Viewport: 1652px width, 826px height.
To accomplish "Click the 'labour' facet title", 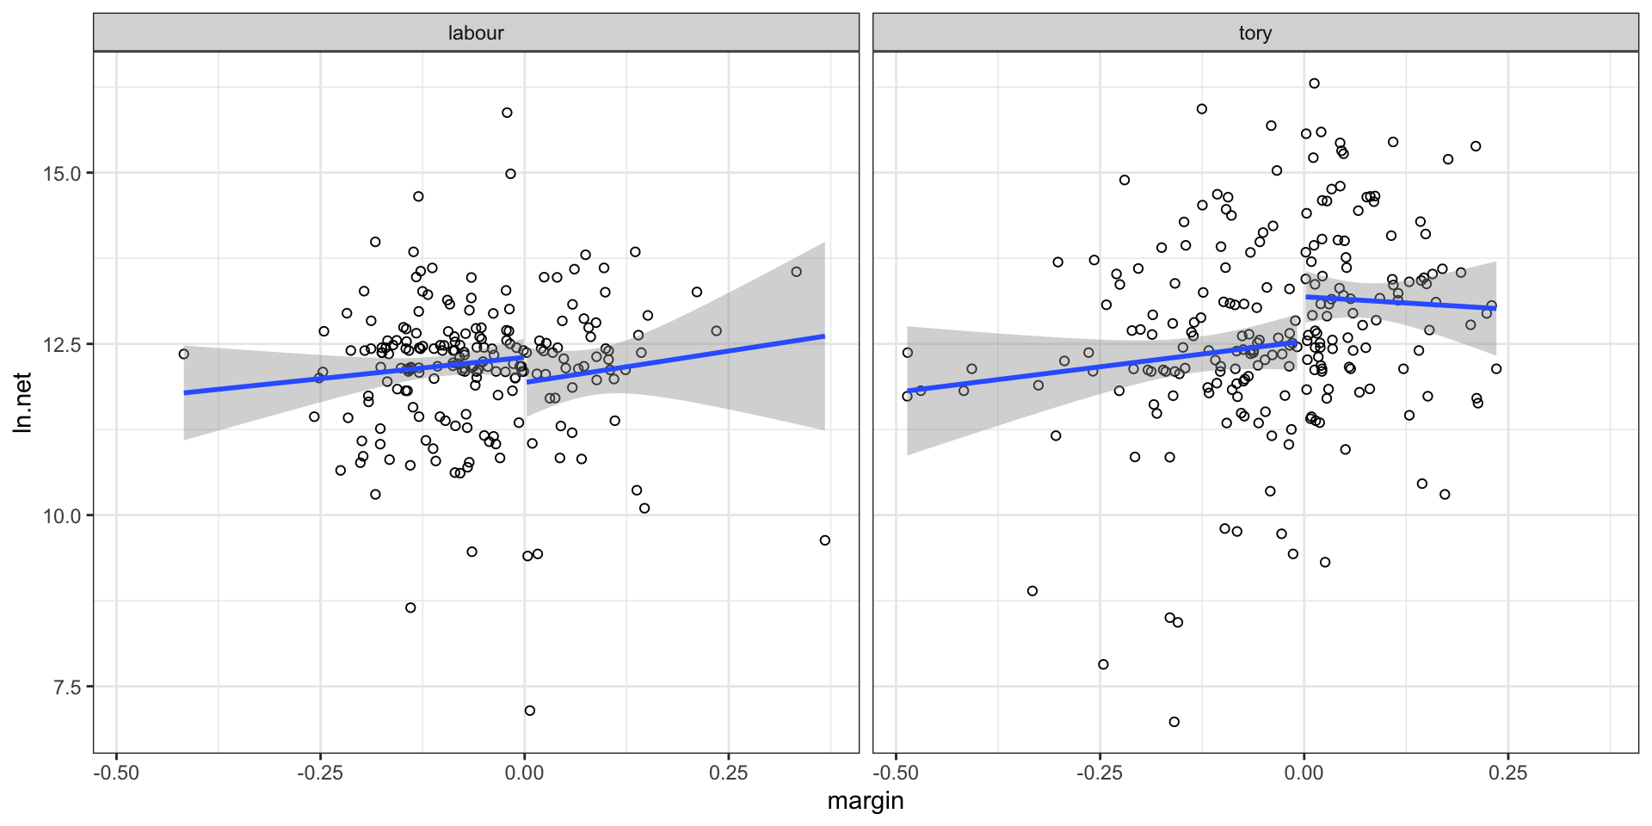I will point(476,34).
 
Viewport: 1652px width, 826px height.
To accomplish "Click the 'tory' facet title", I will point(1254,34).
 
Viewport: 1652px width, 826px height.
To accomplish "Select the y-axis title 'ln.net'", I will point(23,402).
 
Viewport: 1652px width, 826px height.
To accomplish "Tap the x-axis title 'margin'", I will point(865,801).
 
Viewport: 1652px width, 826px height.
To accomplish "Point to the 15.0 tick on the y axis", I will point(61,174).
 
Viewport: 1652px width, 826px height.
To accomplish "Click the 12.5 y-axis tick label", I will point(61,344).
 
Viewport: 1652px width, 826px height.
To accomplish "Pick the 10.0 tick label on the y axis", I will point(61,515).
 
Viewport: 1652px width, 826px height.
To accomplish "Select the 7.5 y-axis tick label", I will point(66,687).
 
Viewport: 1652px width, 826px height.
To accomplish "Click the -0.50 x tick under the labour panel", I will point(116,773).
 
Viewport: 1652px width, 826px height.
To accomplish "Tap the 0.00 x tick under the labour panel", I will point(524,773).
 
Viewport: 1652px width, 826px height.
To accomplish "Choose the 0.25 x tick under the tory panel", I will point(1507,773).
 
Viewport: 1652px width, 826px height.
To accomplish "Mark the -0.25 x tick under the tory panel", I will point(1100,773).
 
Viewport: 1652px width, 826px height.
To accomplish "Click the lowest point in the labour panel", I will point(530,711).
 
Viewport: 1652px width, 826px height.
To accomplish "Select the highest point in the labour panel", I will point(507,113).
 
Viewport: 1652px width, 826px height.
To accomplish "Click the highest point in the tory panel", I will point(1314,83).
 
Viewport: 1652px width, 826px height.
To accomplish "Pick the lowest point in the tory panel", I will point(1174,722).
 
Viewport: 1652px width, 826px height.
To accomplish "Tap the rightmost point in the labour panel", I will point(825,540).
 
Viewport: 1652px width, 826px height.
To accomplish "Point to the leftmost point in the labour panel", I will point(183,354).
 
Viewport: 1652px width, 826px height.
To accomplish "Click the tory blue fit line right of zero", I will point(1402,302).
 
